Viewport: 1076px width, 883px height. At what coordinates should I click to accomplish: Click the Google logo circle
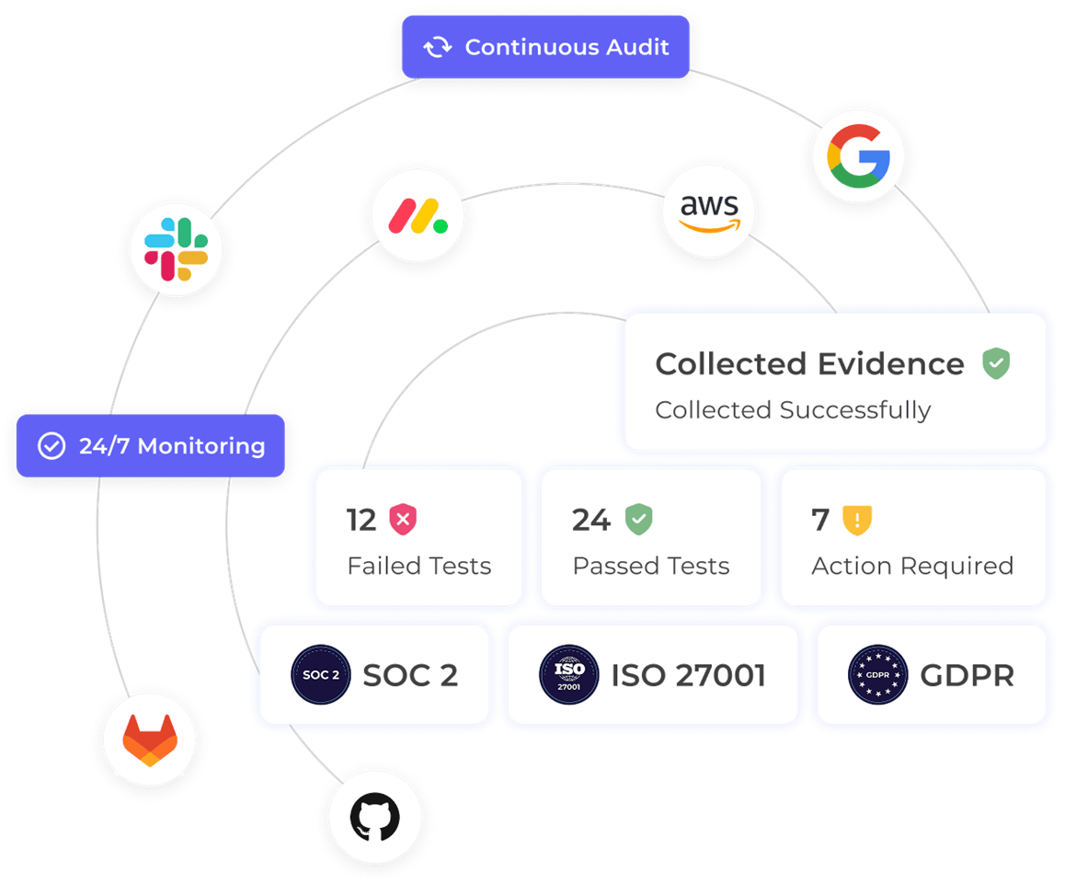[858, 156]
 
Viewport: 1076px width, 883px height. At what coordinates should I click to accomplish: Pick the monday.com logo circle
[417, 216]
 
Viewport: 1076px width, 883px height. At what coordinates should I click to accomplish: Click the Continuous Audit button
[545, 47]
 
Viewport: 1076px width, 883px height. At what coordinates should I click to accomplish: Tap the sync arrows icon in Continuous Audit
[438, 47]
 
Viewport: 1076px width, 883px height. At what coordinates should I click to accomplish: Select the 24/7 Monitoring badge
[151, 446]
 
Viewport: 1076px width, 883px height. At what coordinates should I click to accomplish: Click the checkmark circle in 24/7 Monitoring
[51, 446]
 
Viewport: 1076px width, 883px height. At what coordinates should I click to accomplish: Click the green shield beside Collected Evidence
[995, 363]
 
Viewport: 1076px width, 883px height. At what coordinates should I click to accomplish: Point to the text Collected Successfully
[793, 409]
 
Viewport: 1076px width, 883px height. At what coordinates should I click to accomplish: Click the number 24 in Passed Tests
[590, 520]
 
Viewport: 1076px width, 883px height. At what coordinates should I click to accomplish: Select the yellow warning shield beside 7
[856, 520]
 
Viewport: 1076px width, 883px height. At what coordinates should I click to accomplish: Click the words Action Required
[911, 566]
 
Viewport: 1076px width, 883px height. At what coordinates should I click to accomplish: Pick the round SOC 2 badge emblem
[321, 675]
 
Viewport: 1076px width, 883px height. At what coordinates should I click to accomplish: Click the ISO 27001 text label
[688, 676]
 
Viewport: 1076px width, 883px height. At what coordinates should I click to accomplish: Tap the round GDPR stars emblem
[877, 675]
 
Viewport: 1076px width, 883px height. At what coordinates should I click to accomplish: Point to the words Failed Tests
[418, 566]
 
